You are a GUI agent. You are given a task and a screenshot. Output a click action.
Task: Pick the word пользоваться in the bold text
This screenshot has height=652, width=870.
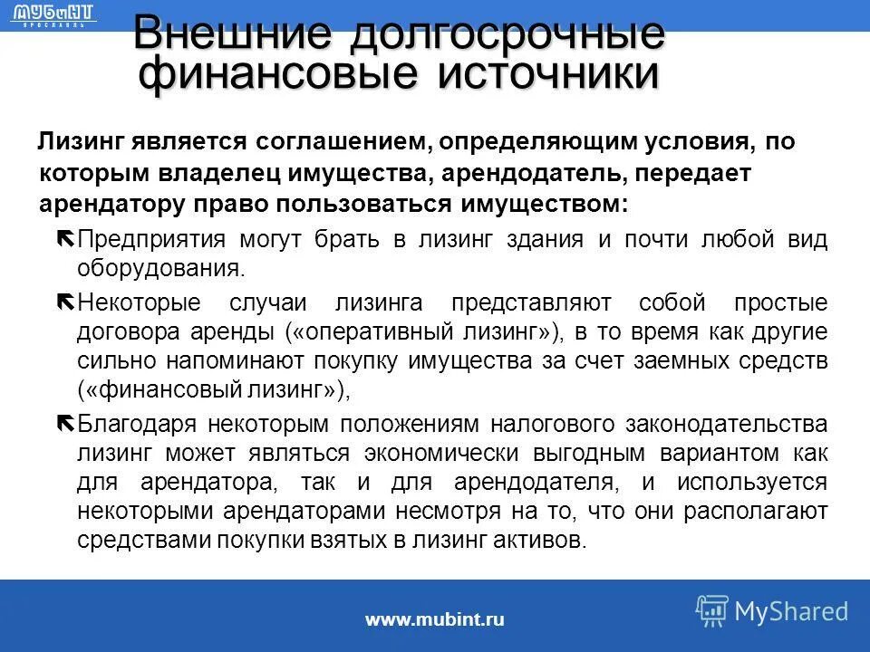(377, 203)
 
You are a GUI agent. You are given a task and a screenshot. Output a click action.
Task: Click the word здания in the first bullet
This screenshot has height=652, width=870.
(538, 240)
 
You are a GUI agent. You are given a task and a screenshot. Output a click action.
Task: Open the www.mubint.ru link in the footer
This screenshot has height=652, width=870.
(434, 620)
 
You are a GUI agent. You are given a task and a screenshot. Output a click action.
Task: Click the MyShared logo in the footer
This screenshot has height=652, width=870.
(772, 611)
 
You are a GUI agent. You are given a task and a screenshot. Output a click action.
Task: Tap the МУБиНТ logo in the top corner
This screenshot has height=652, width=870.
(55, 14)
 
